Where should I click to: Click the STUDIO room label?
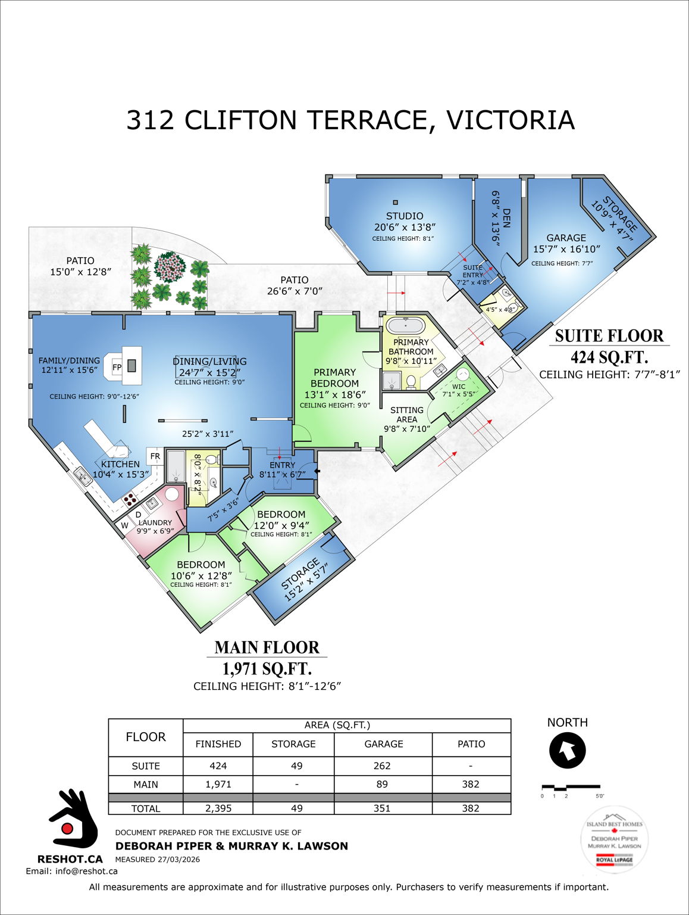point(405,216)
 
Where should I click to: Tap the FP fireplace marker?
point(117,367)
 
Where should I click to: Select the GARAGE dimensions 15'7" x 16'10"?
point(566,249)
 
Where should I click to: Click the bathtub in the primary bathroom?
point(405,326)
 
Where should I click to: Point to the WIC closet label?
point(458,386)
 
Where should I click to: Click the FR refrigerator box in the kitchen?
point(155,456)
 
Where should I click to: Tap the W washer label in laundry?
point(125,525)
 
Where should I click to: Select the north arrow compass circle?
point(567,751)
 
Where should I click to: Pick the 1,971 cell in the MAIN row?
point(218,784)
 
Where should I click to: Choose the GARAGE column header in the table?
point(383,744)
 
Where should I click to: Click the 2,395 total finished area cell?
point(218,808)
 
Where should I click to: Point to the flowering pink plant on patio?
point(171,267)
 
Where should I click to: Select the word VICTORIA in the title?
point(510,120)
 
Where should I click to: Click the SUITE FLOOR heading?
point(609,335)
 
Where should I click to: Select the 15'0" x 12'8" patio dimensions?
point(80,272)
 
